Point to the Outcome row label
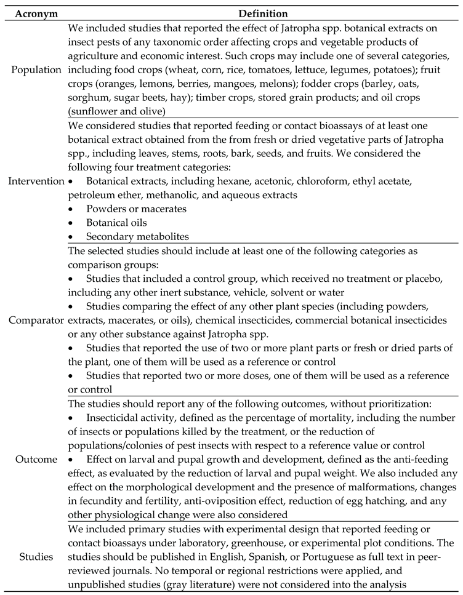pos(34,460)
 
